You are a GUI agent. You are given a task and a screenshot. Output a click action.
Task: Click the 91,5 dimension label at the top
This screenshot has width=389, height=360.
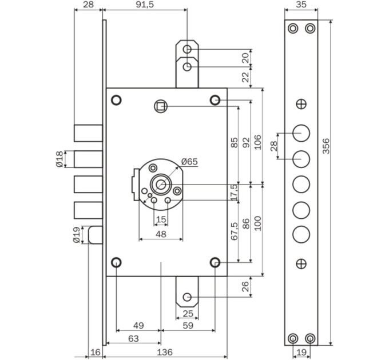[x=145, y=5]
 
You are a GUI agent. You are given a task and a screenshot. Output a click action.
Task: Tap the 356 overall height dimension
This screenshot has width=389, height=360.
[x=326, y=146]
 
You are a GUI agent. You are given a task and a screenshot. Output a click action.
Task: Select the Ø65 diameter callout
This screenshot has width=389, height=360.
[x=189, y=162]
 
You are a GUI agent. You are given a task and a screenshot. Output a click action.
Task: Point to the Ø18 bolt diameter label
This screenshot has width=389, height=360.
[x=60, y=159]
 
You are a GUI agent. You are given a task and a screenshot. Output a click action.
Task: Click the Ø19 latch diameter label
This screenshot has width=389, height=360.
[x=77, y=235]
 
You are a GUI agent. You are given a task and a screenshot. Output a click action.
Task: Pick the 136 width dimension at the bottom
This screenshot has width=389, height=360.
[x=165, y=352]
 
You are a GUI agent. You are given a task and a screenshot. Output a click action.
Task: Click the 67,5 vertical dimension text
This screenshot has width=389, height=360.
[x=234, y=231]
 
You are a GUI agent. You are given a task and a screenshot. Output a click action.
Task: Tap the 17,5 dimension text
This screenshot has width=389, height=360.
[x=234, y=192]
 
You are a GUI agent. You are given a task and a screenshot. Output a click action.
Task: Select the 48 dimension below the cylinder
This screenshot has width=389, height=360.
[x=161, y=234]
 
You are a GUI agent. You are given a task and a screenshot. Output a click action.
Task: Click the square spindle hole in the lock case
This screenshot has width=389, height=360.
[x=161, y=106]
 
